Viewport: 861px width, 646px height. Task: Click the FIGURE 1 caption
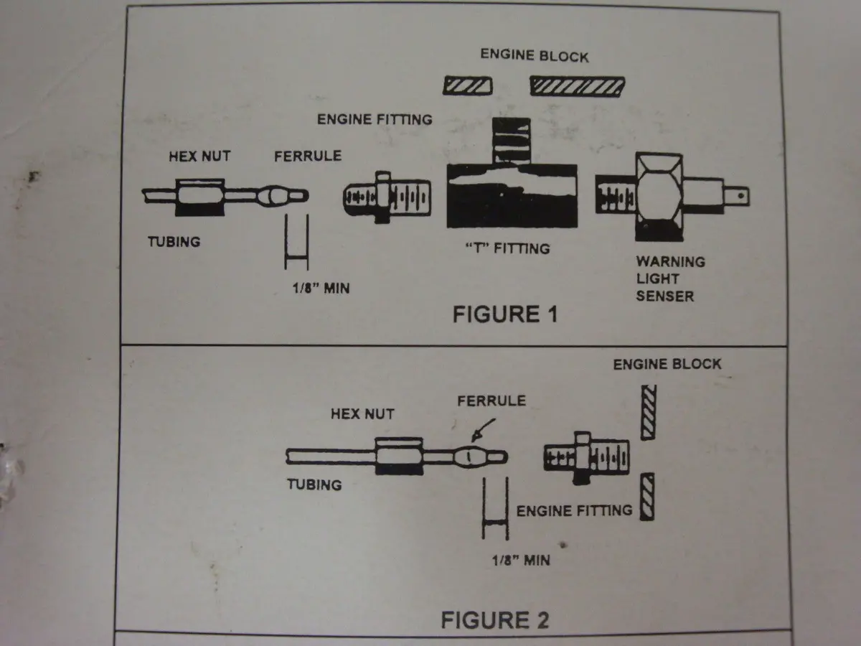coord(505,314)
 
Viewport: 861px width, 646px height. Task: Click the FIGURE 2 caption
coord(495,619)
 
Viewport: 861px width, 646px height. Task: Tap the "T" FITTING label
coord(507,248)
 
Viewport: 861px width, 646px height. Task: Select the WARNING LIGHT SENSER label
coord(670,278)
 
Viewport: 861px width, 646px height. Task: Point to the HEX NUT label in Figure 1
coord(199,156)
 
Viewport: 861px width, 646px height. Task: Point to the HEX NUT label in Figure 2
coord(362,414)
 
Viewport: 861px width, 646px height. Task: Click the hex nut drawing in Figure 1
coord(200,197)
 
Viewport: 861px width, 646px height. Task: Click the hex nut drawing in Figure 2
coord(400,457)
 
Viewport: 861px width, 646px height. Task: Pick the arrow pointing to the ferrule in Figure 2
coord(483,430)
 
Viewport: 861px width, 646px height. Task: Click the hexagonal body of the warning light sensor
coord(659,197)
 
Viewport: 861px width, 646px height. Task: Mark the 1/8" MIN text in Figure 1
coord(321,289)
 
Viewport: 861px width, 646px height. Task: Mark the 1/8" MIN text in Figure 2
coord(521,561)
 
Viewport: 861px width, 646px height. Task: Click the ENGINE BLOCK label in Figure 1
coord(535,55)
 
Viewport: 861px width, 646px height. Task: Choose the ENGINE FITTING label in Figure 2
coord(574,510)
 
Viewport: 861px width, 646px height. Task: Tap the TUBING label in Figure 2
coord(314,484)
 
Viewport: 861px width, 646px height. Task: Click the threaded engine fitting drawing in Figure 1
coord(387,197)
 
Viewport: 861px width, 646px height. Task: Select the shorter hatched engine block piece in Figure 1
coord(468,85)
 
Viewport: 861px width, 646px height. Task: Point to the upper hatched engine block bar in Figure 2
coord(649,412)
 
